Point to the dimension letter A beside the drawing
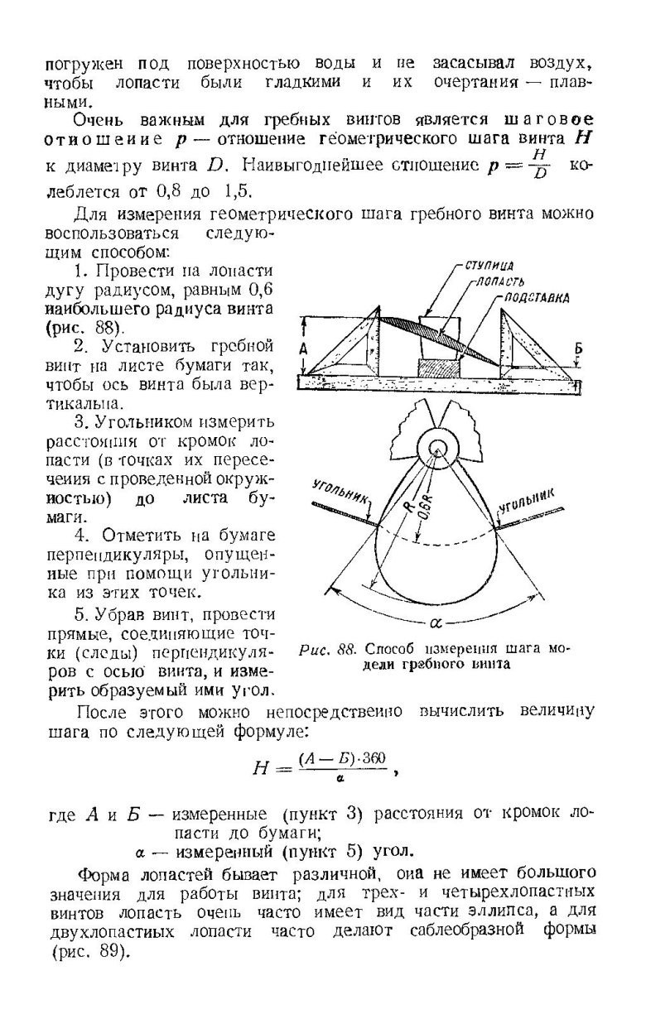[304, 350]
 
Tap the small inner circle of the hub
[437, 448]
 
